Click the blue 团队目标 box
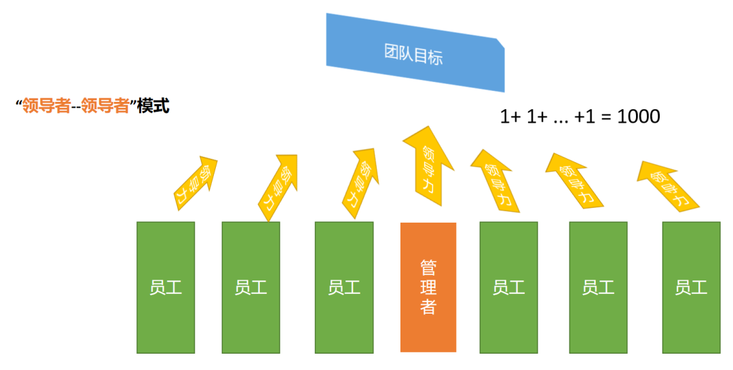(x=415, y=53)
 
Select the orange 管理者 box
(x=428, y=287)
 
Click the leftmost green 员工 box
(x=166, y=287)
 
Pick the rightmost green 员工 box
(x=691, y=287)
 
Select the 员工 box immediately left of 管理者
(x=344, y=287)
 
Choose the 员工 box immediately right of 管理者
(x=508, y=287)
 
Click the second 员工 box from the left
(x=251, y=287)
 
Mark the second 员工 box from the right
(x=598, y=287)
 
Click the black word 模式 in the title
(x=153, y=107)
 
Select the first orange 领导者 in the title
(x=46, y=107)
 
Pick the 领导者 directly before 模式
(x=105, y=107)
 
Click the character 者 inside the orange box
(x=428, y=307)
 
